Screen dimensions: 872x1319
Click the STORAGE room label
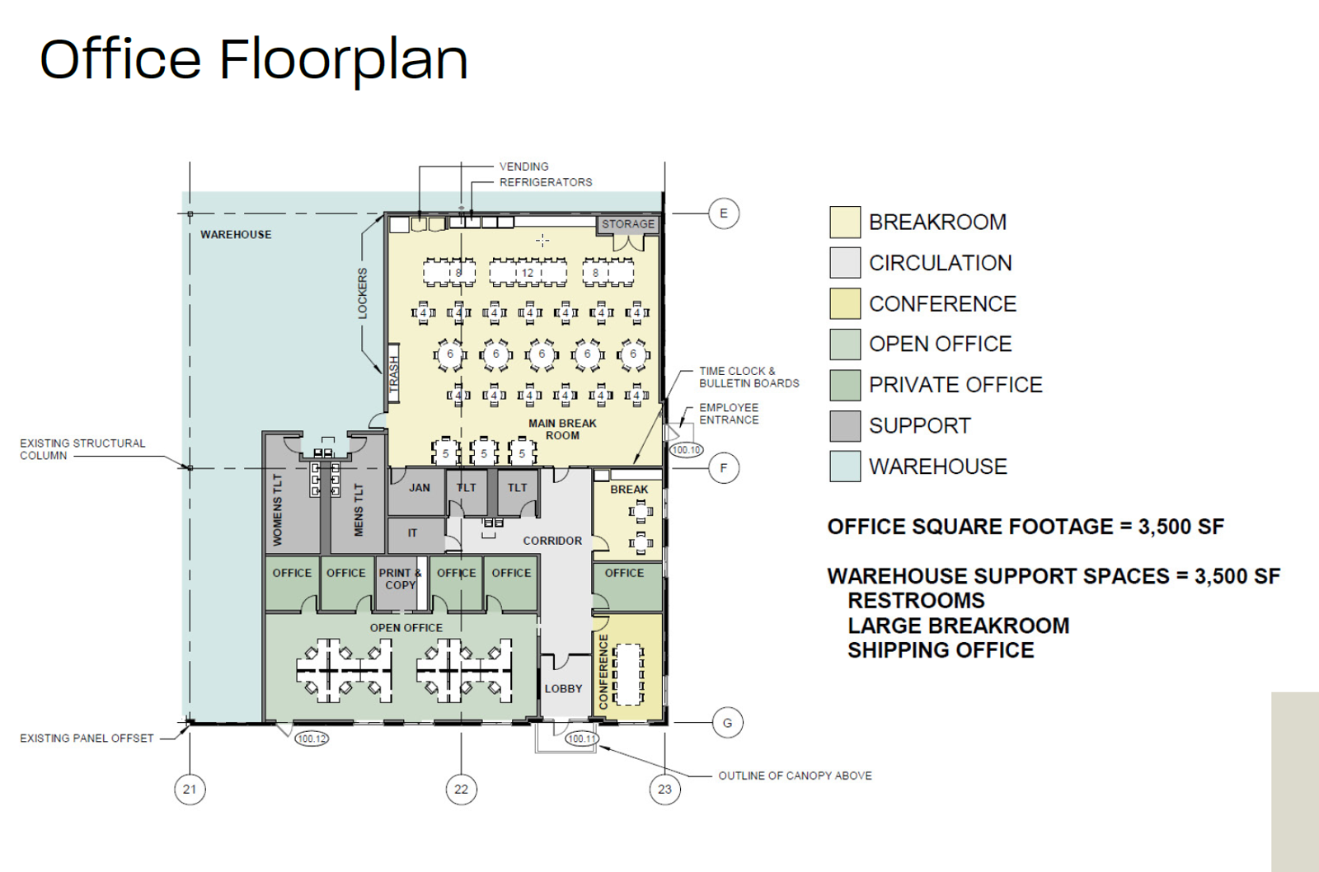pos(627,224)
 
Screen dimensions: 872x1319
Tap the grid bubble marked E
pos(724,213)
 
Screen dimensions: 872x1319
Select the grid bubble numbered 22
pos(461,790)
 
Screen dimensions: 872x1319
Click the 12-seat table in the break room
pos(528,273)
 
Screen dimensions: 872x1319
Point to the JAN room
pos(419,488)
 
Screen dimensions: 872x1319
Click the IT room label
pos(412,533)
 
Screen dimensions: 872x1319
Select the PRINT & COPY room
pos(400,579)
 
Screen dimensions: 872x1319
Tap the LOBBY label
pos(563,689)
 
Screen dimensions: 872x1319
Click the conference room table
pos(630,674)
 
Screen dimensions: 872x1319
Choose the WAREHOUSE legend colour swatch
pos(845,466)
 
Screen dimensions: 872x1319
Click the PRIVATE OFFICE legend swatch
pos(845,385)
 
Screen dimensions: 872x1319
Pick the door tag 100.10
pos(686,450)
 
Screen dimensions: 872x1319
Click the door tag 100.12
pos(312,738)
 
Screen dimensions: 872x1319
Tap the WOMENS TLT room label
pos(278,509)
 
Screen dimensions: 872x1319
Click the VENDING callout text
pos(523,166)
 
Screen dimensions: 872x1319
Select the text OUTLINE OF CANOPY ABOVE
pos(795,776)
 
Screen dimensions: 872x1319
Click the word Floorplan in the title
pos(343,59)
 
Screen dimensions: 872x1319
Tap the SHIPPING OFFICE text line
pos(941,650)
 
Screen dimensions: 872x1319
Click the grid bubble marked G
pos(727,723)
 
